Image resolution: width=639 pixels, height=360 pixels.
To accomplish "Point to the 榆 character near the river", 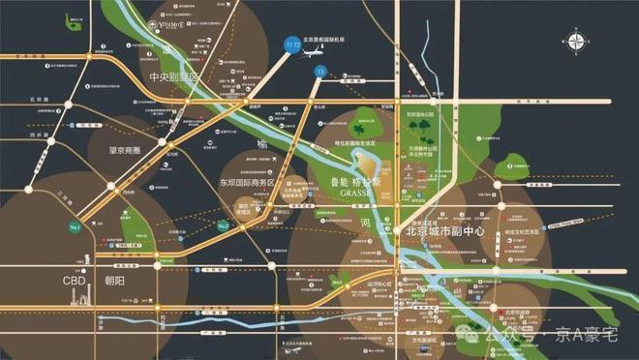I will tap(261, 143).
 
